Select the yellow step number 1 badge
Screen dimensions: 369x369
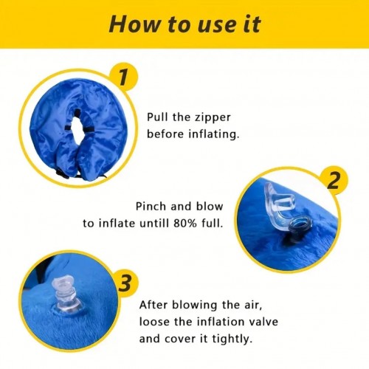pos(123,77)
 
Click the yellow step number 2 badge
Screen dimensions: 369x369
pos(334,181)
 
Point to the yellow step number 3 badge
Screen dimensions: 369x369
pos(125,283)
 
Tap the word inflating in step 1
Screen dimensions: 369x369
pos(214,134)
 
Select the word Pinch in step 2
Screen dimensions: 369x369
pos(151,206)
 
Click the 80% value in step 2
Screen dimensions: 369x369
pos(185,224)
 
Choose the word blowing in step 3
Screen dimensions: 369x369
pos(194,306)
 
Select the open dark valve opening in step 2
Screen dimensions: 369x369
pos(300,224)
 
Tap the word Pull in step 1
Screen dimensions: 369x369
pos(156,117)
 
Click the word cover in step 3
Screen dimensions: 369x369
pos(179,339)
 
